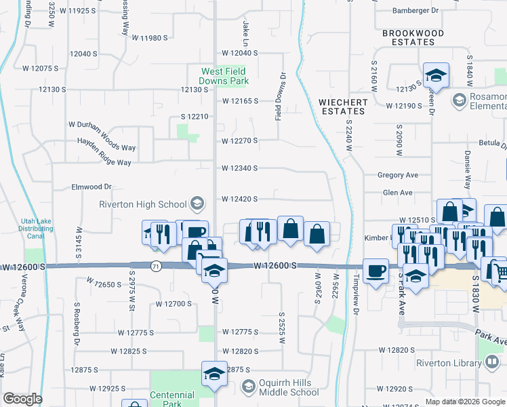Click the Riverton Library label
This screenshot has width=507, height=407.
[x=447, y=363]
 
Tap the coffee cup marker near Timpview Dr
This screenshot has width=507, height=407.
[x=376, y=272]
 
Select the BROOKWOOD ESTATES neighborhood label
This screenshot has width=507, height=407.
[x=413, y=37]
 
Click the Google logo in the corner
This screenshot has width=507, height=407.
[x=22, y=399]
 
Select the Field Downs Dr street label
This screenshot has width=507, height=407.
[x=279, y=96]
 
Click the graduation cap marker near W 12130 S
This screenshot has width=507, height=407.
[x=436, y=75]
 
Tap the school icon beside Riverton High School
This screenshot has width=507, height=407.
[x=197, y=203]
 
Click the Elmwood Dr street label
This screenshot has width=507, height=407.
[x=91, y=186]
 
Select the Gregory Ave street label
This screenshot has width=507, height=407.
[x=398, y=175]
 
